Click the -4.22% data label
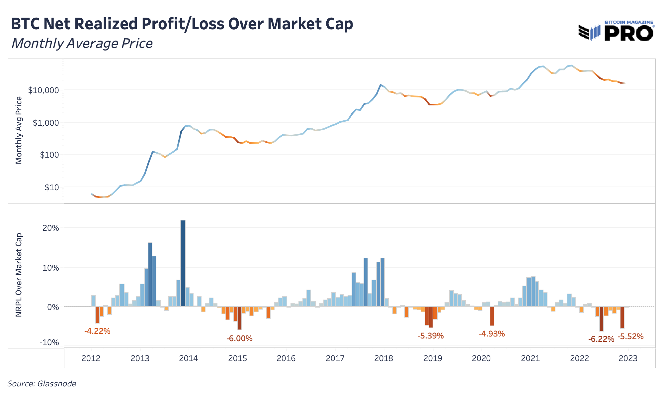97,331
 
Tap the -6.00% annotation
239,338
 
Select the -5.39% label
431,336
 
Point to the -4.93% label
491,334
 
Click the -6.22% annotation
601,339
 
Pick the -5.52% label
630,336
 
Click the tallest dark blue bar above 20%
183,263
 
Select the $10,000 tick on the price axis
43,90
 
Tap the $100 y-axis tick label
48,155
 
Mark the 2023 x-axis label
628,358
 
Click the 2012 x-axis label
91,358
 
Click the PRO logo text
629,34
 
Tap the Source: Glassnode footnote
42,384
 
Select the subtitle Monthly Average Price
82,44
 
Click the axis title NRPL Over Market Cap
19,275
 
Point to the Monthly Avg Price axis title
19,130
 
